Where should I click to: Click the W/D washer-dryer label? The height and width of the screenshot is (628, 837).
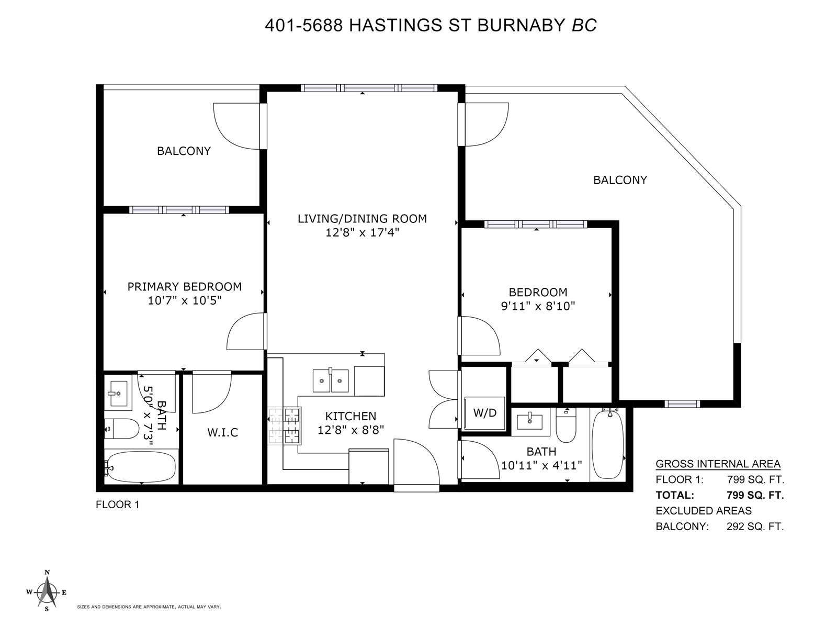coord(484,412)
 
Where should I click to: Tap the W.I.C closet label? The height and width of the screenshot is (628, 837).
coord(223,432)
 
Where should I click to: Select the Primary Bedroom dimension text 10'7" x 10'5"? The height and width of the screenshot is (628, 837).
coord(185,300)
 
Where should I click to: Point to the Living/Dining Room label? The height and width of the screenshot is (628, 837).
coord(362,218)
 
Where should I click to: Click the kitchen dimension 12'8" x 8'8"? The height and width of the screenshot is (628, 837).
coord(350,430)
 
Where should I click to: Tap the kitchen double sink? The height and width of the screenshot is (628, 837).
coord(330,380)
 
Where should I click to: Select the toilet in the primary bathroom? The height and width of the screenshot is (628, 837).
coord(121,429)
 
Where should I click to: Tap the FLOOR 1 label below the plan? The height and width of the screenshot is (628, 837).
coord(118,504)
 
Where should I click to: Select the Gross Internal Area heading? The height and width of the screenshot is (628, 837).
coord(718,464)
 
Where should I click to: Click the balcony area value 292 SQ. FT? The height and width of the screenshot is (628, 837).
coord(755,526)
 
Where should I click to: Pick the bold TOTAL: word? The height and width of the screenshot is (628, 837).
coord(674,495)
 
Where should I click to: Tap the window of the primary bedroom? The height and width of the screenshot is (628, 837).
coord(179,210)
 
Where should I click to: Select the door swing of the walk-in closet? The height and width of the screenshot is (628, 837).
coord(212,392)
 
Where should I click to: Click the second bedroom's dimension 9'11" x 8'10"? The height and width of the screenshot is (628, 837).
coord(538,306)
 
